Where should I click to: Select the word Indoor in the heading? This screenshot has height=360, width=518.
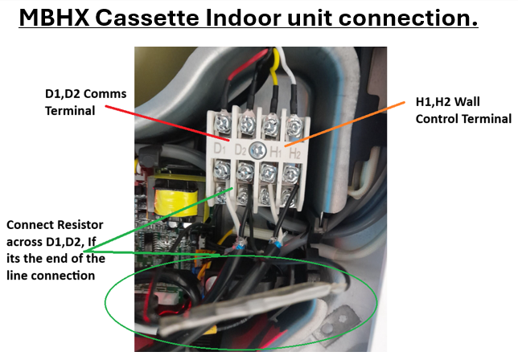pyautogui.click(x=274, y=18)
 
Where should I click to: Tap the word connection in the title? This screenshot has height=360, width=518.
pyautogui.click(x=410, y=18)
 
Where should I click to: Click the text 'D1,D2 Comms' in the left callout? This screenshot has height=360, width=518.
pyautogui.click(x=84, y=96)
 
